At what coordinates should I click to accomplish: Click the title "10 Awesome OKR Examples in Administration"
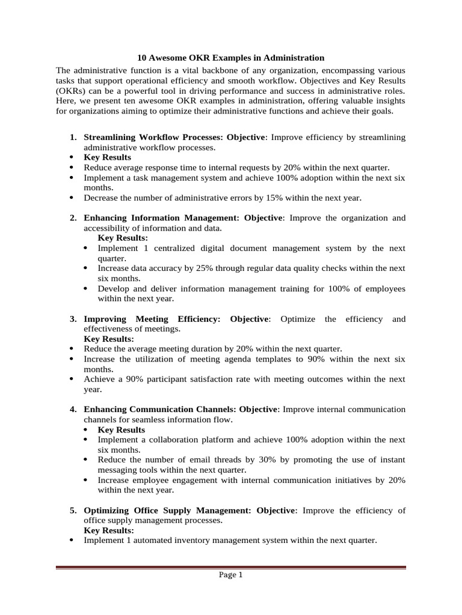(230, 58)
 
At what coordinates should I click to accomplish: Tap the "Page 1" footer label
(230, 575)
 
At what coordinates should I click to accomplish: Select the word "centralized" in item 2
(174, 248)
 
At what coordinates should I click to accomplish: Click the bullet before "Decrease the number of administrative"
(72, 198)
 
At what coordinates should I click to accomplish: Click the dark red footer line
(230, 567)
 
